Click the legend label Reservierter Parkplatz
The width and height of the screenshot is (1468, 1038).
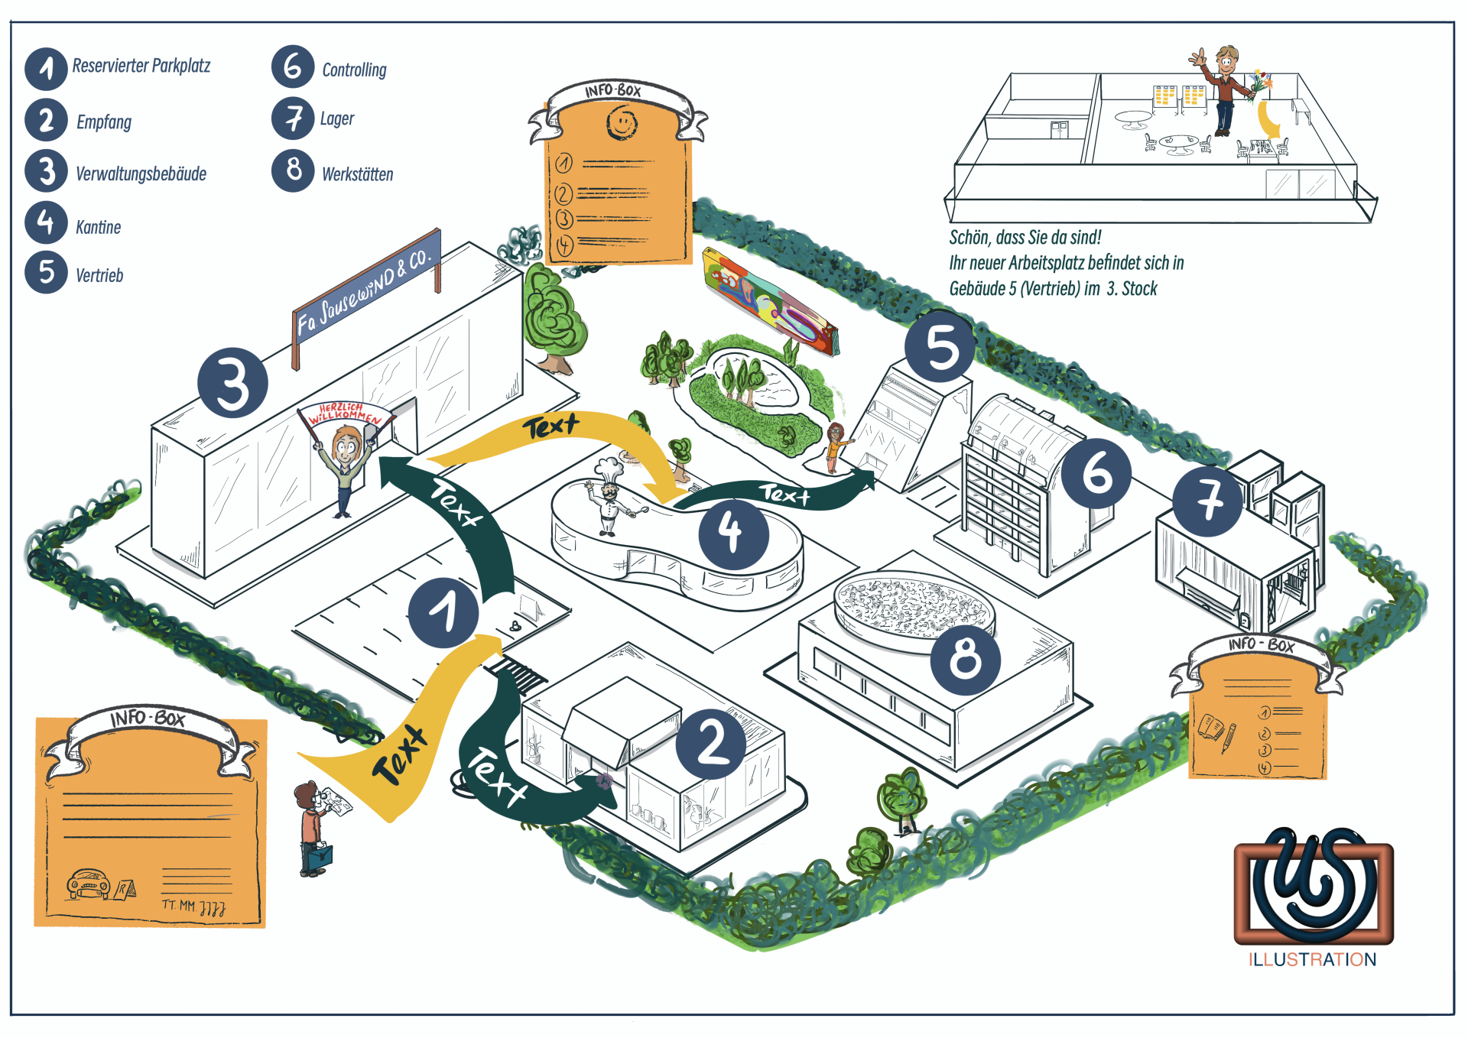(141, 66)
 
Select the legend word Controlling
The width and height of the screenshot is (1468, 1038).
(354, 70)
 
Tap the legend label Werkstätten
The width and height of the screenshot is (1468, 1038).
(357, 174)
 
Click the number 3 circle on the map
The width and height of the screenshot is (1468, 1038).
(232, 383)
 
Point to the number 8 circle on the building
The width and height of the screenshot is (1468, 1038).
(965, 658)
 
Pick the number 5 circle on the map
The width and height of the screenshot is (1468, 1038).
(940, 346)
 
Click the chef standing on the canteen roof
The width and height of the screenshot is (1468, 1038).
(609, 497)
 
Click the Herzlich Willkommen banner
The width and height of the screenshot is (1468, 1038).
(346, 414)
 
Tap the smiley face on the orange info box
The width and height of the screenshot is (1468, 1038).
(622, 122)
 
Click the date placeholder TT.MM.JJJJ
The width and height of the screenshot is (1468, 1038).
(193, 907)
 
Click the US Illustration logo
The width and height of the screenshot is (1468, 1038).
(1313, 887)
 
